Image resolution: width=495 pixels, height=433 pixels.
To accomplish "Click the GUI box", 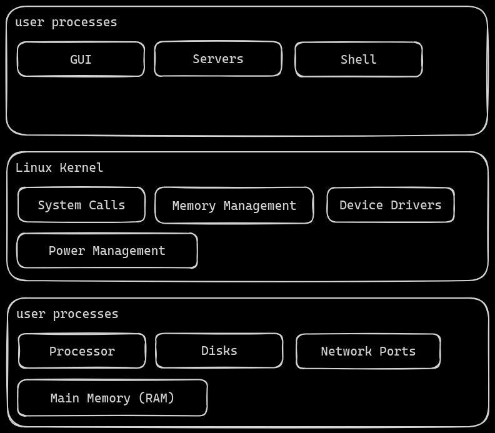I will point(81,59).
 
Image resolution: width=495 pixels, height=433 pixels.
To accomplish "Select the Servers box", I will point(217,59).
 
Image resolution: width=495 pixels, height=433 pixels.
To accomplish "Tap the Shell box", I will point(358,59).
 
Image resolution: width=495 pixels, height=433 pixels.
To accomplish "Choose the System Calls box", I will point(81,205).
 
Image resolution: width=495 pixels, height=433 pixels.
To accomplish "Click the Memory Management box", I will point(234,206).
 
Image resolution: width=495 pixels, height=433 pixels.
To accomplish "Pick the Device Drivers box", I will point(390,205).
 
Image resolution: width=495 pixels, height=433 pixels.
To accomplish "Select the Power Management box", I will point(107,251).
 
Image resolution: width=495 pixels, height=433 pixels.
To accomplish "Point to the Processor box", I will point(82,351).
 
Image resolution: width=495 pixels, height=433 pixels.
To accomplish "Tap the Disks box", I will point(219,351).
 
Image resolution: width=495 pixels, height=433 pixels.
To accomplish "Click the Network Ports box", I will point(368,351).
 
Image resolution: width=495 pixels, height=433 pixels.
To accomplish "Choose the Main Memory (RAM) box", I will point(112,398).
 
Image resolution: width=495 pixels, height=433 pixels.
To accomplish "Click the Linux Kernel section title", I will point(59,167).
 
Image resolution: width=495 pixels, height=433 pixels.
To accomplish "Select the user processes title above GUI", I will point(66,22).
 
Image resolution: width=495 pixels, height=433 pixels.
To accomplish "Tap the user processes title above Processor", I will point(67,314).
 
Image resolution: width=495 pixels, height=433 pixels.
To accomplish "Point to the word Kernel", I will point(81,167).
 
